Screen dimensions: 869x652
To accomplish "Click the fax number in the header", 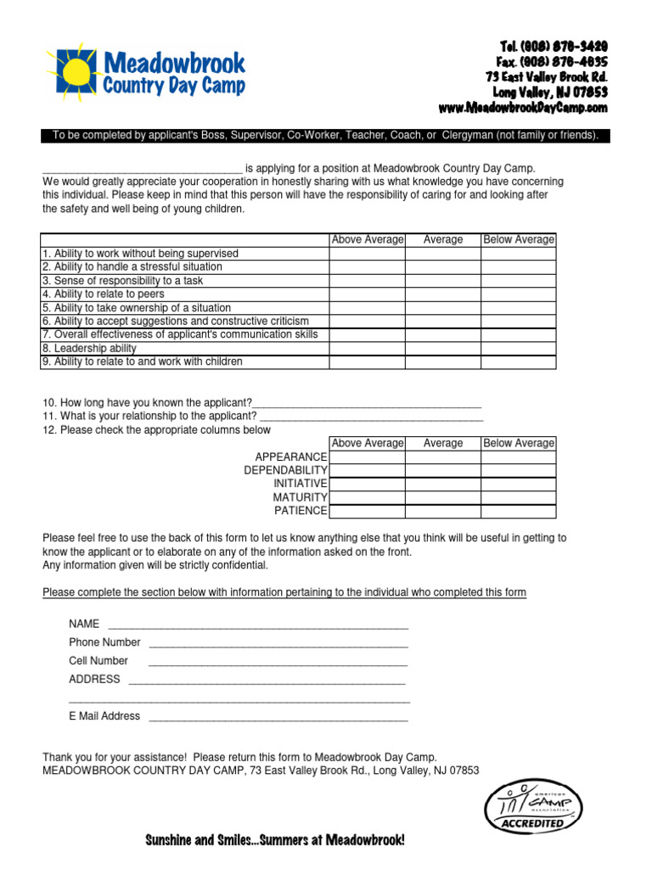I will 552,62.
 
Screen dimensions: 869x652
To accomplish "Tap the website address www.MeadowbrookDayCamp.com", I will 523,108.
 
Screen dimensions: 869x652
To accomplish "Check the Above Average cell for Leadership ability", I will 367,349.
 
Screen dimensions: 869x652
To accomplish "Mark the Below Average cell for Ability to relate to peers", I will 519,294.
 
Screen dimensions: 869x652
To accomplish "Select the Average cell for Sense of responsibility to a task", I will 442,281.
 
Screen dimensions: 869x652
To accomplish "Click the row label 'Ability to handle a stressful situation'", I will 132,267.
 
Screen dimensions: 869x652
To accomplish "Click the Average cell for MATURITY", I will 442,497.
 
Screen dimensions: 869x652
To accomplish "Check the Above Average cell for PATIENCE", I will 367,511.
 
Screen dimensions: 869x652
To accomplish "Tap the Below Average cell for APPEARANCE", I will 519,457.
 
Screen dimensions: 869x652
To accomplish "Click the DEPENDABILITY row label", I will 285,470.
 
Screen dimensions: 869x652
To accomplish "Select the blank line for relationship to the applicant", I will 371,417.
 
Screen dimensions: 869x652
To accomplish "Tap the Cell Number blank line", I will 278,662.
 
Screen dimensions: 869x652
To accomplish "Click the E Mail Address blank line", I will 278,717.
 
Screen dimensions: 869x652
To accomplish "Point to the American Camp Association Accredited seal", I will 533,807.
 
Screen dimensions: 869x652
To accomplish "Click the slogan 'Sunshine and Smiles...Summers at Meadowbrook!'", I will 275,840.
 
